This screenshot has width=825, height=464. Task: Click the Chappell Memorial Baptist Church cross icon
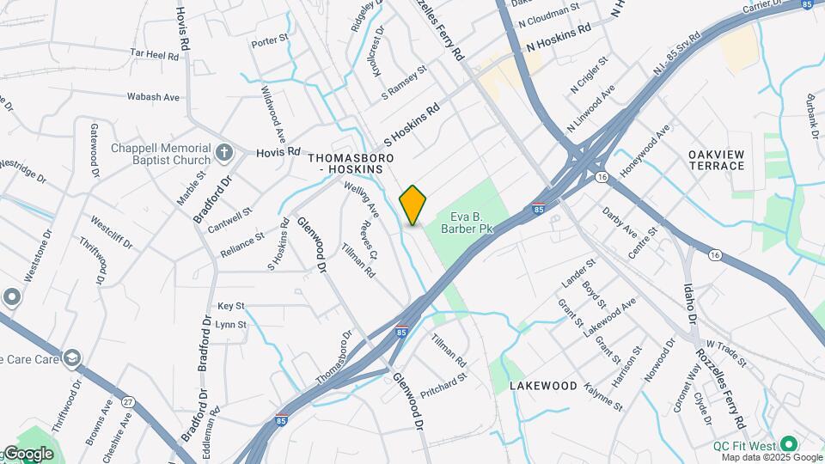224,153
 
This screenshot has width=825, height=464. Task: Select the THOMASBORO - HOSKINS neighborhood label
351,166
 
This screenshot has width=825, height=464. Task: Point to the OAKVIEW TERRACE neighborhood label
716,161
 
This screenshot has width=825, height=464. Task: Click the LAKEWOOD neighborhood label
543,386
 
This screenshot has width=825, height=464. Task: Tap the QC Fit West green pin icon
787,445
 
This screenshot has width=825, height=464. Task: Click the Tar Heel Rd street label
155,53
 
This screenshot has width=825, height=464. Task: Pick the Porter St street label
269,40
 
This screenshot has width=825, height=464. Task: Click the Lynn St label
230,325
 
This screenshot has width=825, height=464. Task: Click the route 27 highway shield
128,402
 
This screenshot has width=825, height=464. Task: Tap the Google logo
27,454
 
